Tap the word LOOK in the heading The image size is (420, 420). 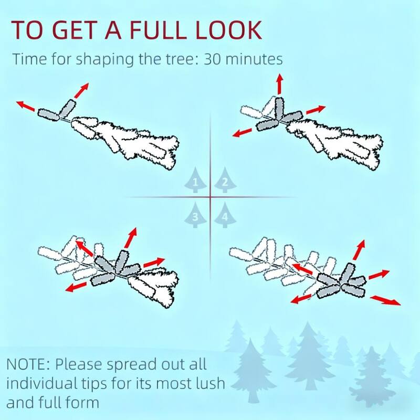point(228,29)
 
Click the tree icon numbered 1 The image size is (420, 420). point(195,180)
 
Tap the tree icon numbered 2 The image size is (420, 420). point(225,180)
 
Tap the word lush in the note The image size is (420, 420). point(208,383)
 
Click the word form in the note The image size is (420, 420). point(82,402)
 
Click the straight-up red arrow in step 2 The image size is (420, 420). point(280,84)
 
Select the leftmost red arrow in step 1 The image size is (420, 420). point(26,106)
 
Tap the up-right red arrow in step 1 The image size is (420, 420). point(81,90)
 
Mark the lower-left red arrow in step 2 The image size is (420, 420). point(243,133)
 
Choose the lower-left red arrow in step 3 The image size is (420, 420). point(76,287)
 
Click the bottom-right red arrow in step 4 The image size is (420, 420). point(385,300)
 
